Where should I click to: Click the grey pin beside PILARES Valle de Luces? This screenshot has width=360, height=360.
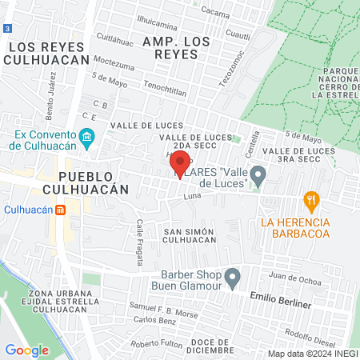(x=258, y=175)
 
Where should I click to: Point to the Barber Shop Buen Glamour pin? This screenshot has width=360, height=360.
(x=233, y=278)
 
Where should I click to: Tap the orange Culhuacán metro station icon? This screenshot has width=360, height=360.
(x=60, y=210)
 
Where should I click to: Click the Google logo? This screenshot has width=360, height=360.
(x=27, y=350)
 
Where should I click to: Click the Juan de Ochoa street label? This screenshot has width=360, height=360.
(x=289, y=277)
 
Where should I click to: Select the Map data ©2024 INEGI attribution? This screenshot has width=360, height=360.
(x=311, y=354)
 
